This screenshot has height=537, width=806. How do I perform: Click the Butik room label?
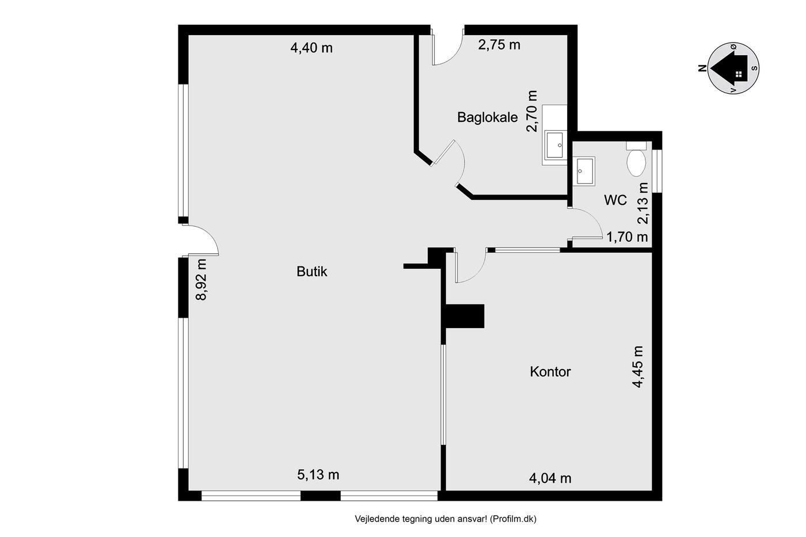pyautogui.click(x=311, y=272)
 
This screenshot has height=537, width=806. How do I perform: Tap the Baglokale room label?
pyautogui.click(x=487, y=117)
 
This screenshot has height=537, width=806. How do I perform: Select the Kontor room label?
pyautogui.click(x=550, y=372)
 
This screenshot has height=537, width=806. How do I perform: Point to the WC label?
pyautogui.click(x=615, y=200)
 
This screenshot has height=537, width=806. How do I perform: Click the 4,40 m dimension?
pyautogui.click(x=311, y=48)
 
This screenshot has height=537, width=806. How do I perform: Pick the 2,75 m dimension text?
pyautogui.click(x=499, y=45)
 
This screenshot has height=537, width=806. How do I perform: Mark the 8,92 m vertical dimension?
pyautogui.click(x=201, y=280)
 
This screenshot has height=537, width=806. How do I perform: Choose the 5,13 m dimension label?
pyautogui.click(x=318, y=475)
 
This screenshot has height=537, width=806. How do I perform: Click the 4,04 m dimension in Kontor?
pyautogui.click(x=550, y=478)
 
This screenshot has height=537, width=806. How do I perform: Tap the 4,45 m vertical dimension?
pyautogui.click(x=638, y=367)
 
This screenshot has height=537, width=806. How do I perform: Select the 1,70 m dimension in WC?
pyautogui.click(x=627, y=237)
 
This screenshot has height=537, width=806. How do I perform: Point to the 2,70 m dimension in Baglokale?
pyautogui.click(x=531, y=111)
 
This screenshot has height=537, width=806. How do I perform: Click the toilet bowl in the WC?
pyautogui.click(x=636, y=162)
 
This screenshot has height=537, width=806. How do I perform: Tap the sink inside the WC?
pyautogui.click(x=584, y=171)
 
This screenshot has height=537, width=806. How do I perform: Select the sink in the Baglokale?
pyautogui.click(x=555, y=145)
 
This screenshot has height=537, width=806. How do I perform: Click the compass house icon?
pyautogui.click(x=730, y=68)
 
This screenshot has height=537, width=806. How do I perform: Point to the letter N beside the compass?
pyautogui.click(x=702, y=68)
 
